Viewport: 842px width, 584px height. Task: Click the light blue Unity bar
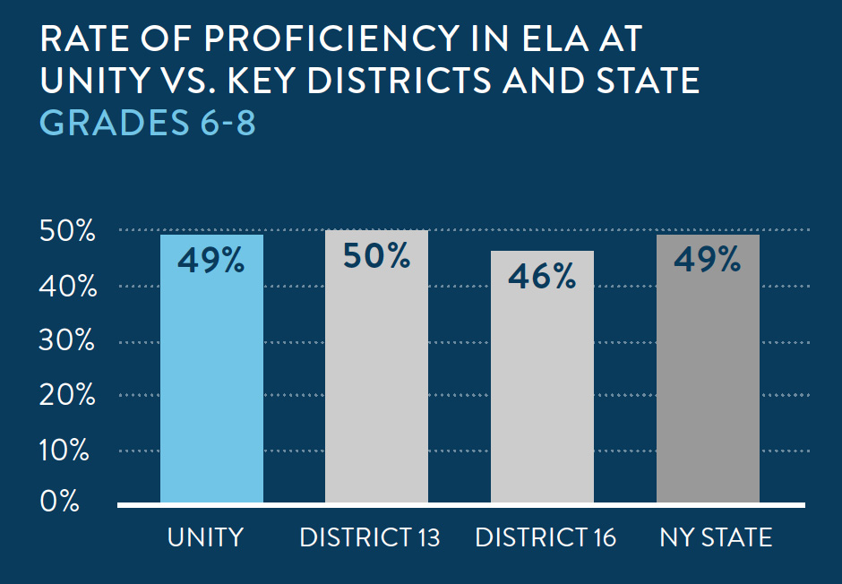tap(211, 376)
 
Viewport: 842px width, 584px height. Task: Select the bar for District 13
tap(376, 376)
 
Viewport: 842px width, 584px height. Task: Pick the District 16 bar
tap(542, 385)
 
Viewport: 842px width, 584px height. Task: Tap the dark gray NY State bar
tap(708, 376)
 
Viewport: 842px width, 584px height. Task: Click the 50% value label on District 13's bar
tap(376, 256)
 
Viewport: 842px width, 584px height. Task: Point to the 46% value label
tap(542, 277)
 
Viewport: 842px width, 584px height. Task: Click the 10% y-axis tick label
tap(64, 451)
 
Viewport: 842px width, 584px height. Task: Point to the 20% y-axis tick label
tap(64, 395)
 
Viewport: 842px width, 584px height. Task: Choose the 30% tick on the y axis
tap(64, 342)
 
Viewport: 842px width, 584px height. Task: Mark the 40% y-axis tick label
tap(64, 288)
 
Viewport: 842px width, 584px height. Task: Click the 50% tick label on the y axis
tap(64, 232)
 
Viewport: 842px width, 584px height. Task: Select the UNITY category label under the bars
tap(205, 537)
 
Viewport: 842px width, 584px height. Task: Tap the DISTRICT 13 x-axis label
tap(370, 537)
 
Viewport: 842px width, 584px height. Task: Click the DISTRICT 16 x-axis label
tap(546, 537)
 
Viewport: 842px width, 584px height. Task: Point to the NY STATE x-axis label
tap(716, 537)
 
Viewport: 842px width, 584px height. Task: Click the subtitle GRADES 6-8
tap(149, 124)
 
